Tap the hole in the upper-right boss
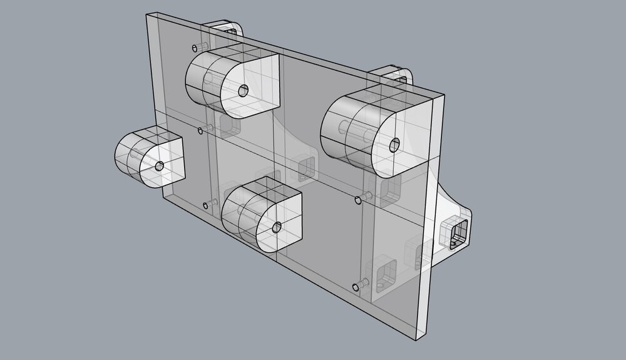click(x=394, y=145)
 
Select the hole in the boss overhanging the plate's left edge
click(x=160, y=166)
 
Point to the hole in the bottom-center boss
click(x=276, y=226)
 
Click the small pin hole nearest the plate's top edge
click(x=195, y=48)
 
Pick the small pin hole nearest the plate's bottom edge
click(x=356, y=287)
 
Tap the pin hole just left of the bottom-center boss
click(x=207, y=205)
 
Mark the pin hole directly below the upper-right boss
click(x=358, y=200)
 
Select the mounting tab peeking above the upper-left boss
click(x=225, y=28)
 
